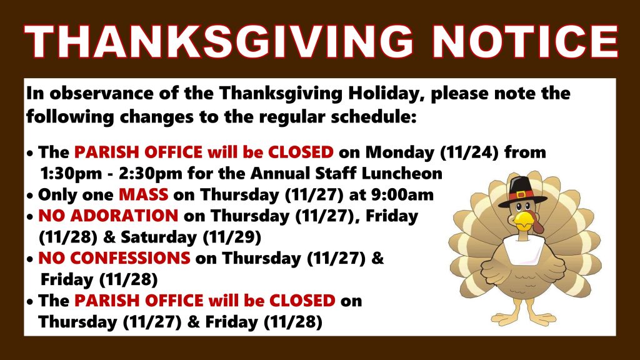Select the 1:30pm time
coord(71,174)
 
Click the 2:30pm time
coord(151,174)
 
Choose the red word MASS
coord(143,195)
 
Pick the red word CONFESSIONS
coord(114,258)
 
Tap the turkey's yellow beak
coord(524,221)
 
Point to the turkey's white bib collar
coord(524,249)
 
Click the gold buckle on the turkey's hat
coord(520,195)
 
